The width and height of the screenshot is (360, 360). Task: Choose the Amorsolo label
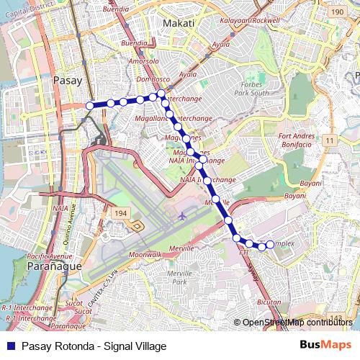click(x=143, y=62)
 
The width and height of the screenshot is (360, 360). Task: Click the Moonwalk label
click(x=145, y=255)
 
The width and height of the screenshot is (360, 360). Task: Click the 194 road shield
click(x=120, y=214)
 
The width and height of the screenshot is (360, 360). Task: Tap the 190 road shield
click(x=337, y=12)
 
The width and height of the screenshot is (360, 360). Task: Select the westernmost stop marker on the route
click(x=90, y=106)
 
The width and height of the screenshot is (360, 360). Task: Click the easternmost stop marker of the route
click(x=271, y=244)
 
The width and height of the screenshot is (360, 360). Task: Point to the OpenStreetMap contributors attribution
click(x=297, y=322)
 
